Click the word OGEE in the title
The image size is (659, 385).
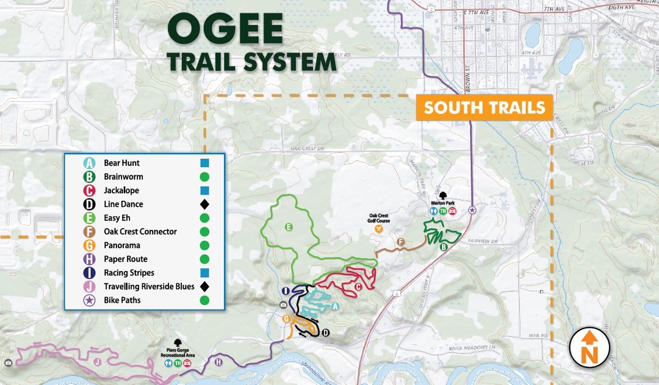(225, 29)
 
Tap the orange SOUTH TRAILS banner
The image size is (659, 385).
(484, 108)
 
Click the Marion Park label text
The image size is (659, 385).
(442, 204)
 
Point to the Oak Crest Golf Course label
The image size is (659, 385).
(378, 218)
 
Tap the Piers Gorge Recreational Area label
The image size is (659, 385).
(178, 354)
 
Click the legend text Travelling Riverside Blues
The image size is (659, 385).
(149, 286)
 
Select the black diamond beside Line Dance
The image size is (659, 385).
(204, 204)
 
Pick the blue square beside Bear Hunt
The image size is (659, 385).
(204, 163)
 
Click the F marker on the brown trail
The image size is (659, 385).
(401, 242)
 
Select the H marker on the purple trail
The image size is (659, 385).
(219, 362)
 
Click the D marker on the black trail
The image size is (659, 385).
(325, 332)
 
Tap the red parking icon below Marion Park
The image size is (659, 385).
(453, 211)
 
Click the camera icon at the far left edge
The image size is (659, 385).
(7, 363)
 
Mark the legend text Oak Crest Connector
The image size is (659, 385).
(140, 232)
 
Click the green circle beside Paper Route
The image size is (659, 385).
(204, 259)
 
